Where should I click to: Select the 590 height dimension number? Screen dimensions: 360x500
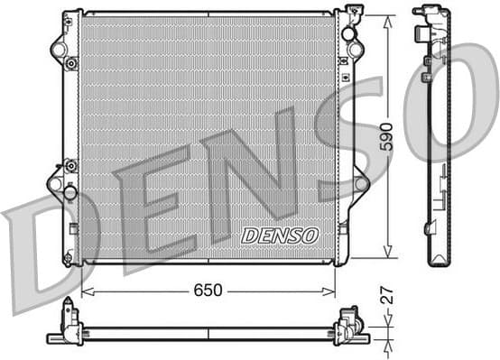click(386, 136)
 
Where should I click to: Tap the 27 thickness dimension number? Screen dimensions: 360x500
click(386, 296)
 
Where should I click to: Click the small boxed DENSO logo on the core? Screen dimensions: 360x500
click(280, 235)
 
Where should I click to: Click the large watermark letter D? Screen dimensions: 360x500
click(41, 253)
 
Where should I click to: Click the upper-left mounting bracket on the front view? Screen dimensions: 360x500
click(60, 45)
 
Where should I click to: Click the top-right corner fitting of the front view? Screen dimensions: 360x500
click(352, 14)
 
